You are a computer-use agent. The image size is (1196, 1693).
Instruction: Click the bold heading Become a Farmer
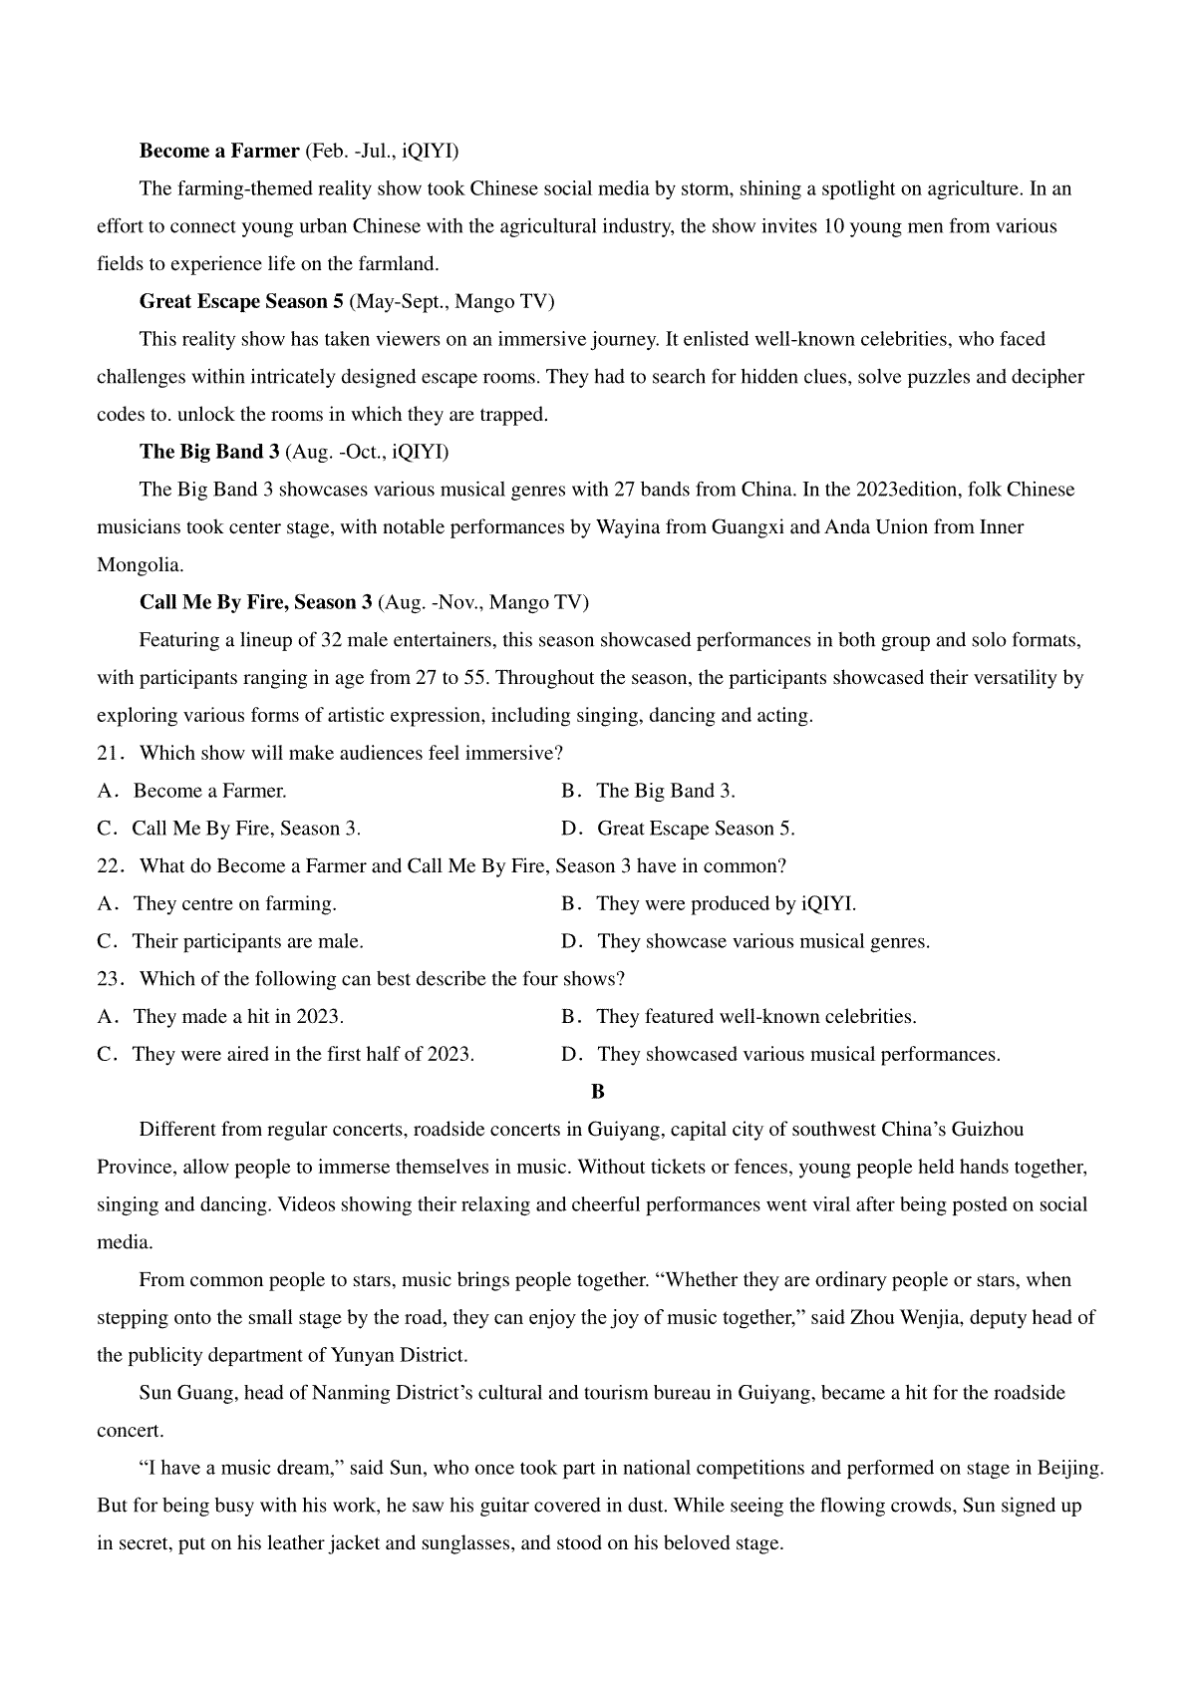pos(219,152)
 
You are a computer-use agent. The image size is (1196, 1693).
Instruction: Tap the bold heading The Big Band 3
pos(209,453)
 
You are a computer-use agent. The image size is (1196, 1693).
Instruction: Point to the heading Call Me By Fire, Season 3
pos(256,603)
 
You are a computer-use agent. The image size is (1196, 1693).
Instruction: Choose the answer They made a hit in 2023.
pos(238,1017)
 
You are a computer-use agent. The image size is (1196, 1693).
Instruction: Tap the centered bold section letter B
pos(598,1092)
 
